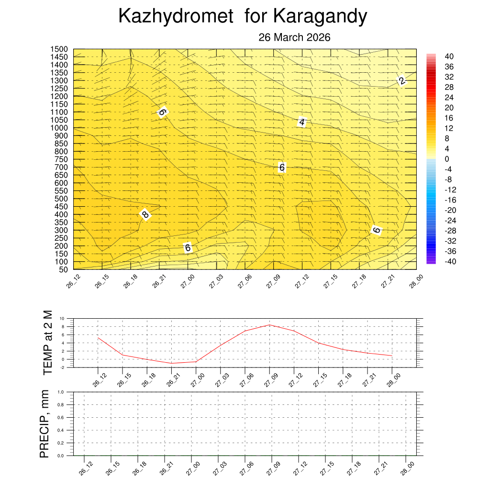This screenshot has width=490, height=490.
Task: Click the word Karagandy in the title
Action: (320, 17)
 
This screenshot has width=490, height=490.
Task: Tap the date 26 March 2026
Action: (294, 37)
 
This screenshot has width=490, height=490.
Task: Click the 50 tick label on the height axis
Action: (64, 269)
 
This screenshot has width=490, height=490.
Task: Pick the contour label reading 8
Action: (145, 214)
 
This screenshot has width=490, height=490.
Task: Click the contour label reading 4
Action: (302, 122)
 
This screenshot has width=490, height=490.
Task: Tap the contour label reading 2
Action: (402, 81)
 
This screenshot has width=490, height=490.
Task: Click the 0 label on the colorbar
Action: (446, 159)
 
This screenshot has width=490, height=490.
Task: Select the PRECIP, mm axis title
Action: (45, 423)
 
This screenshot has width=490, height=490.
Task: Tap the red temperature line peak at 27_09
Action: (269, 325)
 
